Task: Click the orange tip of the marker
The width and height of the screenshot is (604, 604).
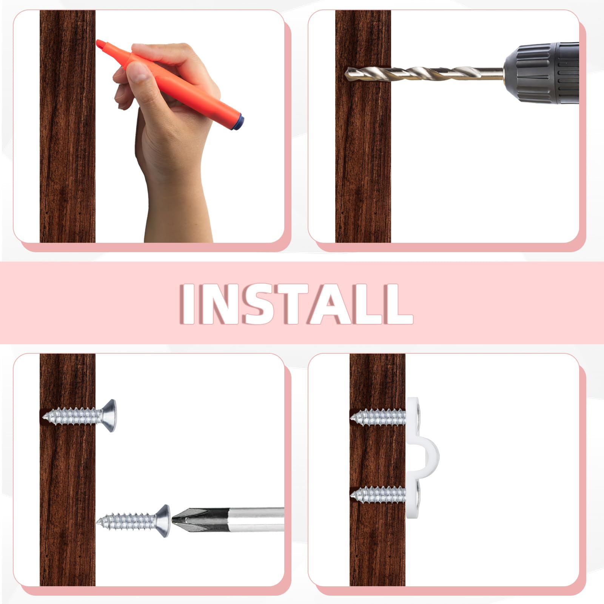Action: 100,45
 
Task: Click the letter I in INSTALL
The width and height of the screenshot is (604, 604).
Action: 189,304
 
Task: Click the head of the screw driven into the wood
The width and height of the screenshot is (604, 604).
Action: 109,416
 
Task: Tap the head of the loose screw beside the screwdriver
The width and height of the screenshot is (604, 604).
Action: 163,521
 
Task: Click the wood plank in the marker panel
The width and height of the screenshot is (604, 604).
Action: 67,126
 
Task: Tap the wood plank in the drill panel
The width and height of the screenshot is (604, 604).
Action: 363,151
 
